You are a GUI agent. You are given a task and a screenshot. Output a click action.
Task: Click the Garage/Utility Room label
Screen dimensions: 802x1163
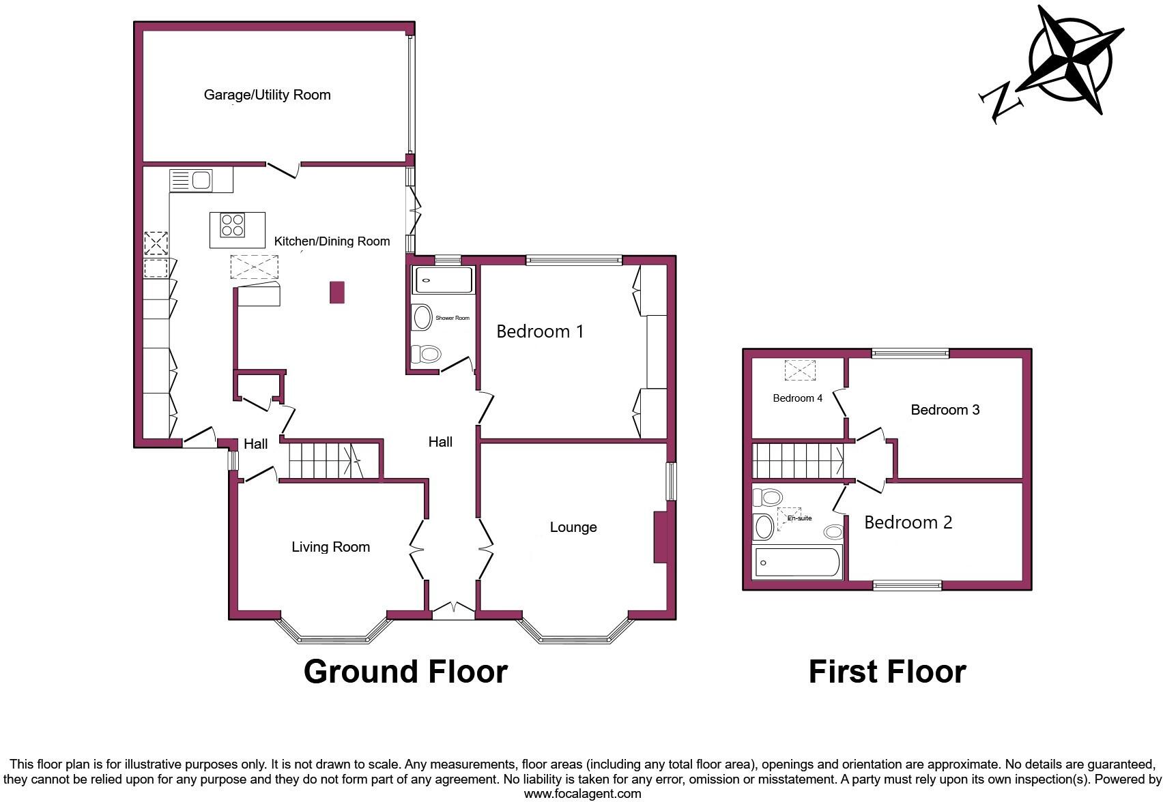[267, 95]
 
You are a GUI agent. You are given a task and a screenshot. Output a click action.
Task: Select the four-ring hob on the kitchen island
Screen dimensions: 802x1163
[233, 225]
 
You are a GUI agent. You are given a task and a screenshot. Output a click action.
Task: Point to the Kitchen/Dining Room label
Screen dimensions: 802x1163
[332, 241]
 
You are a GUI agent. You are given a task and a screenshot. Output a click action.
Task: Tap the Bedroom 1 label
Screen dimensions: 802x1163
[539, 331]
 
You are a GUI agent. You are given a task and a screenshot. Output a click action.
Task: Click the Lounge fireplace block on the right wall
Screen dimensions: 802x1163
[660, 537]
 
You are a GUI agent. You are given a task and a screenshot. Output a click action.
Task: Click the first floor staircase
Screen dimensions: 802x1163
[796, 461]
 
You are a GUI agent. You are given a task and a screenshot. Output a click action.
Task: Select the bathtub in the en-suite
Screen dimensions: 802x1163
[796, 563]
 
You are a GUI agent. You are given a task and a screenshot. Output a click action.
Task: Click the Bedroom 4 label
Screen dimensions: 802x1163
[797, 398]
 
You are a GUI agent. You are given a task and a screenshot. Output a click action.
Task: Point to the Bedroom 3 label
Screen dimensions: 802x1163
[945, 410]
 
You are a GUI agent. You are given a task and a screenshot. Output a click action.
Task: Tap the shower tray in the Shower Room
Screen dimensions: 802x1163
[443, 280]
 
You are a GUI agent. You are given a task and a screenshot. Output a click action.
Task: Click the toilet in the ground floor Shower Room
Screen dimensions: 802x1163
[428, 354]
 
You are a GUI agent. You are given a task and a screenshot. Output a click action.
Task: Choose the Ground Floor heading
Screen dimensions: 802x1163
[405, 672]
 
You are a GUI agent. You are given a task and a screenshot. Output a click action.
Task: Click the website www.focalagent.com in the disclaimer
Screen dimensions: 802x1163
[582, 793]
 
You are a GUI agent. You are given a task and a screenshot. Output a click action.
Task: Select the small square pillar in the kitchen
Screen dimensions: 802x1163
[337, 292]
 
